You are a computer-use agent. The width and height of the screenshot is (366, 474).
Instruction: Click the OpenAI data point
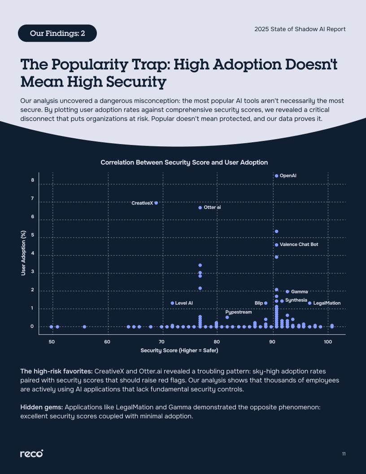[x=276, y=176]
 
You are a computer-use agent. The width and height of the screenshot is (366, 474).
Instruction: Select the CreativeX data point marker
[x=156, y=203]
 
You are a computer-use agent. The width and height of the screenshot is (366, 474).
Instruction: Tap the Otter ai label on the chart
[x=212, y=208]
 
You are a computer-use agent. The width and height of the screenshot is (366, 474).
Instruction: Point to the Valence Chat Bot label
[x=299, y=245]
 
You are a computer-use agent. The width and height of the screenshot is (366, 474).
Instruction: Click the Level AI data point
[x=172, y=303]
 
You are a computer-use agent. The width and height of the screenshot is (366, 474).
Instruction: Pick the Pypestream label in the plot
[x=238, y=312]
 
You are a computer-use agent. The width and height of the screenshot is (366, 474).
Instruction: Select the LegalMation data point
[x=309, y=303]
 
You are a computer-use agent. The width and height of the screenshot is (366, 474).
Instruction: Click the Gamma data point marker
[x=288, y=292]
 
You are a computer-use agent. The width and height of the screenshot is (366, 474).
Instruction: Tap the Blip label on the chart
[x=259, y=303]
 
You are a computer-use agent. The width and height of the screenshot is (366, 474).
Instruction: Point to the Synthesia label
[x=296, y=300]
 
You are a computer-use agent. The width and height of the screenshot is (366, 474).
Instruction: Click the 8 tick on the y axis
[x=33, y=180]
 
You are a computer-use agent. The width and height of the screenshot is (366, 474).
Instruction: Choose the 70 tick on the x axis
[x=162, y=342]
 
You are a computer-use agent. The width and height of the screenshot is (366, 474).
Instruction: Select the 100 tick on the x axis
[x=328, y=342]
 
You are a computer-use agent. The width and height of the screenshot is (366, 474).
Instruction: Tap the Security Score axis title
[x=179, y=350]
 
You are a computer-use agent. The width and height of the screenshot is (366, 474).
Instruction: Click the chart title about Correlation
[x=184, y=162]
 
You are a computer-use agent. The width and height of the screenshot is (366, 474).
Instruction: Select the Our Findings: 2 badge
[x=57, y=33]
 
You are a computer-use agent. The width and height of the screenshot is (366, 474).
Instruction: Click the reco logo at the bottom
[x=31, y=454]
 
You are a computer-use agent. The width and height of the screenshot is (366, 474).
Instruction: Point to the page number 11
[x=344, y=454]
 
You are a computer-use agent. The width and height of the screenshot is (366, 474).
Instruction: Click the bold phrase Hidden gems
[x=42, y=407]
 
